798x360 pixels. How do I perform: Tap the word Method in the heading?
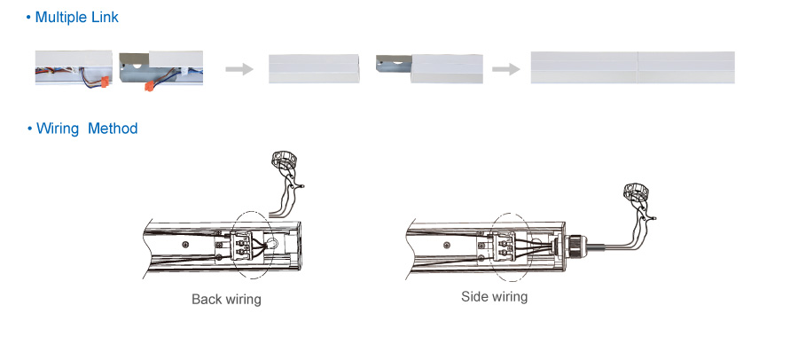[113, 129]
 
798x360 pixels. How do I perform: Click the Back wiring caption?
[226, 300]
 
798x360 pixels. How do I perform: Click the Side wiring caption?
[494, 296]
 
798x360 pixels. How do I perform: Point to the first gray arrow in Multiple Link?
[237, 68]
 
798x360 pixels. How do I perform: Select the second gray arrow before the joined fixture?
[505, 68]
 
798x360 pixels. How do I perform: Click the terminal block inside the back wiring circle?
[244, 245]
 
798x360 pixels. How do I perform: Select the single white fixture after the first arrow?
[314, 68]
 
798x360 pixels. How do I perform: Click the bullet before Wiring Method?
[29, 129]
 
